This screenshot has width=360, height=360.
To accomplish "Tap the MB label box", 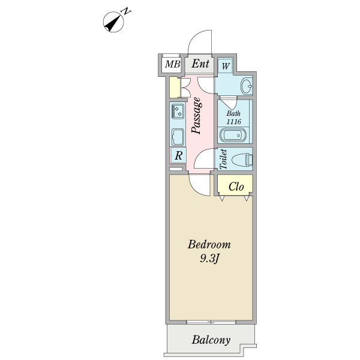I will point(172,64).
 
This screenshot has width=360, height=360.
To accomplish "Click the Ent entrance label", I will point(200,64).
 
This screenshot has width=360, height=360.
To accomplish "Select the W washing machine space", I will point(225,65).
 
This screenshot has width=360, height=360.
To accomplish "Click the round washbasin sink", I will point(246,86).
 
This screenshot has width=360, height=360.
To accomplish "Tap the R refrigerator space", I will point(178,155).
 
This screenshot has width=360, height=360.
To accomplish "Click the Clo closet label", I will point(235,187).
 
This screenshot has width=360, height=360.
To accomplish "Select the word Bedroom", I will point(209,245).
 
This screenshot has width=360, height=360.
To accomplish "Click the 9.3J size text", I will point(209,259).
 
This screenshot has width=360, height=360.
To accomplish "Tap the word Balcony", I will point(211,340).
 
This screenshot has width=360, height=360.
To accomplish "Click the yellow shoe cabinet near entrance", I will point(174,88).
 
